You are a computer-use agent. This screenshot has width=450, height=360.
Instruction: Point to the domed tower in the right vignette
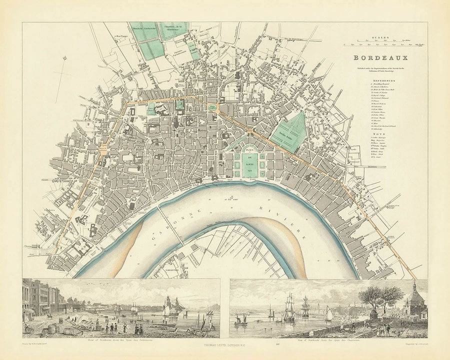point(413,297)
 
